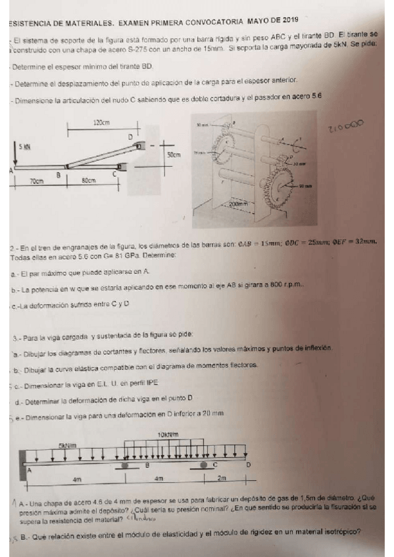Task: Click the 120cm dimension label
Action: click(x=101, y=123)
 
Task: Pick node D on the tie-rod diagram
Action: click(x=130, y=137)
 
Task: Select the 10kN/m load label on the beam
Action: click(x=168, y=435)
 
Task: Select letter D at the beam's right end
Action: click(x=247, y=464)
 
